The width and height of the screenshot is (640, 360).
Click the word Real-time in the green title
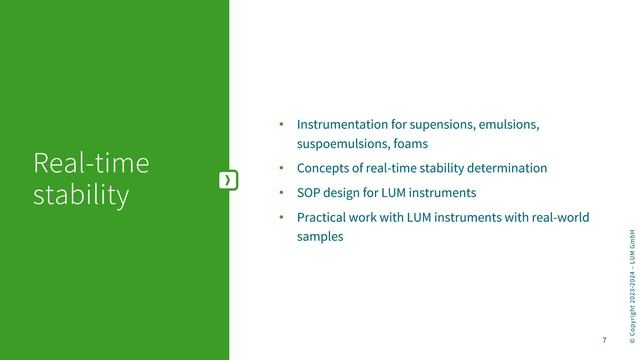pyautogui.click(x=90, y=163)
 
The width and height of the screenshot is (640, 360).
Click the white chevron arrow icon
pyautogui.click(x=229, y=179)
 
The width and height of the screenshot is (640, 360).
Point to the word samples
pyautogui.click(x=320, y=237)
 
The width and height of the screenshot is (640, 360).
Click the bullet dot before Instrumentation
pyautogui.click(x=283, y=125)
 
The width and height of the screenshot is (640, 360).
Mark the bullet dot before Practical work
pyautogui.click(x=283, y=217)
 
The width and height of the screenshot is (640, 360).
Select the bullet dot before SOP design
pyautogui.click(x=283, y=192)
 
